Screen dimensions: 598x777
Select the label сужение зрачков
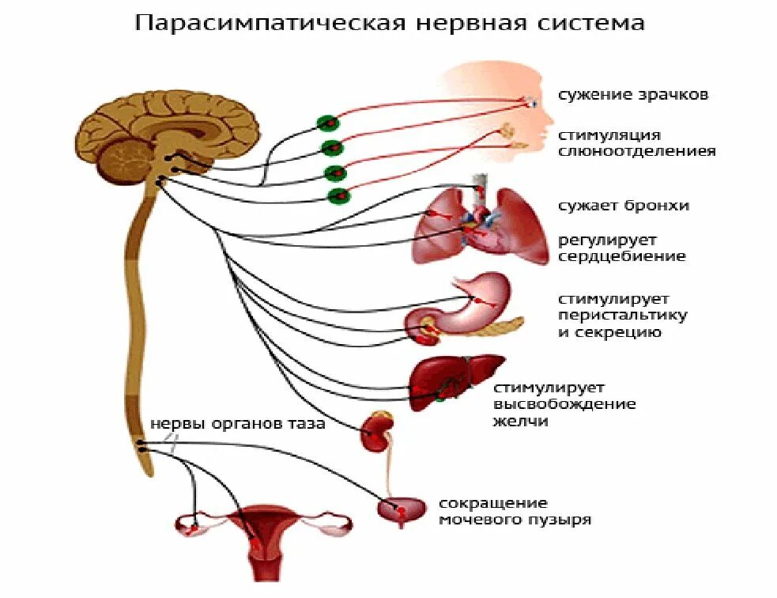tap(632, 95)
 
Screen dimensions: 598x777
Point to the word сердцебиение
tap(622, 257)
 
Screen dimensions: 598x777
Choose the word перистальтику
tap(623, 316)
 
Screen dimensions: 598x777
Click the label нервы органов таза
tap(237, 424)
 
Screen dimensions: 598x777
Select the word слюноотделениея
tap(637, 151)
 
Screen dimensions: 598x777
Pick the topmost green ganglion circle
tap(327, 123)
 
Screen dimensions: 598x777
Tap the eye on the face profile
tap(531, 101)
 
